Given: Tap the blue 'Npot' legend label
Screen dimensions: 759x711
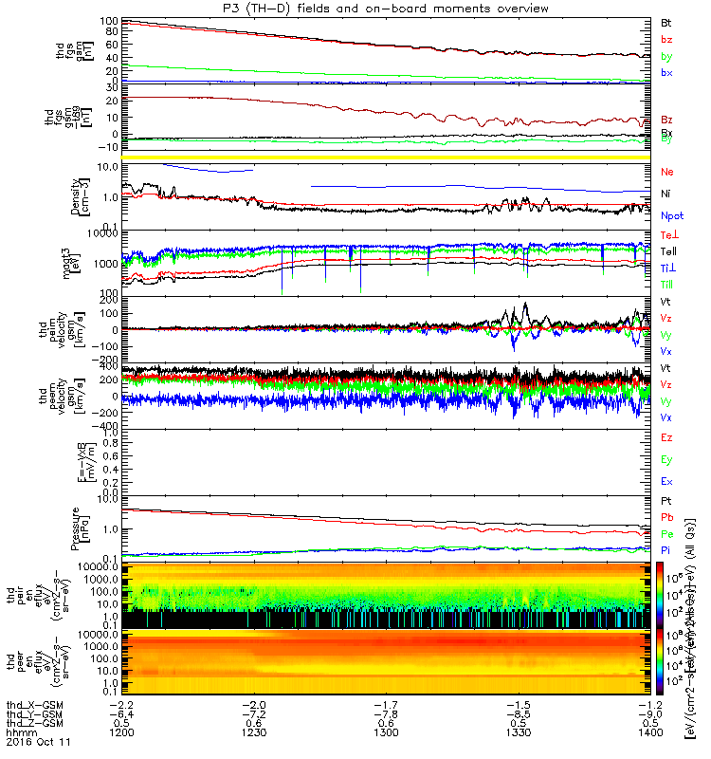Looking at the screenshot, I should [672, 215].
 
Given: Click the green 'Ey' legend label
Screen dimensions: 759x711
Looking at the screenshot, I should [667, 460].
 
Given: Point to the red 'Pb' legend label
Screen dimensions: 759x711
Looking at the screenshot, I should [667, 517].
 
